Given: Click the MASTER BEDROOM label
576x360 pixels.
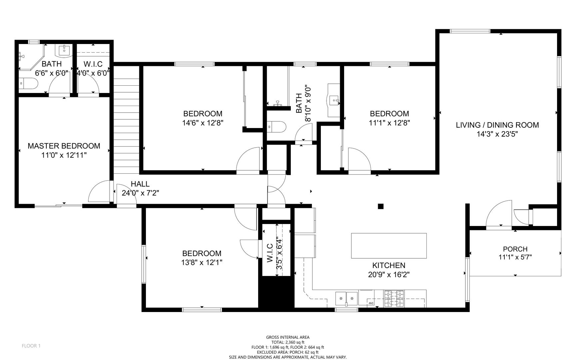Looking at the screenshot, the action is [x=64, y=146].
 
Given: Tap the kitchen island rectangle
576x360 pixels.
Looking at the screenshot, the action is [x=389, y=246].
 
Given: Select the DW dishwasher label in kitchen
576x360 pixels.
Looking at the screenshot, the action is [x=370, y=303].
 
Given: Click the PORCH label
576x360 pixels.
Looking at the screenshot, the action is [x=515, y=249].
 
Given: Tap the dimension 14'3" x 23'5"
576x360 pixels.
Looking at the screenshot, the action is [x=497, y=134].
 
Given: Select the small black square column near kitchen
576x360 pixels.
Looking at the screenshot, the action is [x=380, y=206].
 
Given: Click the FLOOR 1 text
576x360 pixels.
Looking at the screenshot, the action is [x=31, y=346].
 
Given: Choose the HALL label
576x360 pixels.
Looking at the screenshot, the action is [x=140, y=184].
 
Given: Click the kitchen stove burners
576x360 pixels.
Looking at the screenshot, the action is [x=394, y=298].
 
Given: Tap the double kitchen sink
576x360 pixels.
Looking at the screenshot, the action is [x=346, y=298].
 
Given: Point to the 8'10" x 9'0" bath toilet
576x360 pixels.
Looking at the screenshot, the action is [x=277, y=127].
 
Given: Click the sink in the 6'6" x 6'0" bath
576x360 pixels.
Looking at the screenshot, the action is [x=64, y=50].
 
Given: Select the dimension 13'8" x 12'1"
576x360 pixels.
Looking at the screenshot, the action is [x=202, y=263].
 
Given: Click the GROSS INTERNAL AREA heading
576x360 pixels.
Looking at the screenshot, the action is [x=288, y=337].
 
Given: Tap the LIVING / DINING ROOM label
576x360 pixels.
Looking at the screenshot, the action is [x=497, y=125].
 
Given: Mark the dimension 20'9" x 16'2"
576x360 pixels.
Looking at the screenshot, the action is [x=389, y=275].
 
